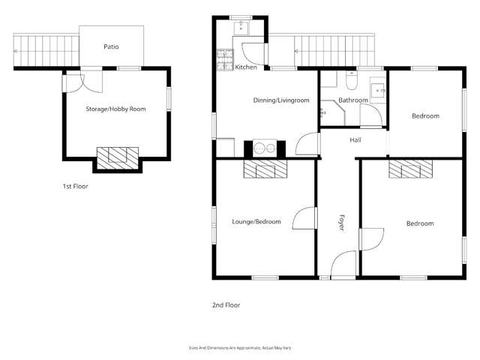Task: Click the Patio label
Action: [x=111, y=46]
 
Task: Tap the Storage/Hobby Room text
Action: [x=115, y=109]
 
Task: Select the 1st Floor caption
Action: [x=76, y=186]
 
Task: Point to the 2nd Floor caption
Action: [x=226, y=305]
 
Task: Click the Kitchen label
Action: [x=246, y=67]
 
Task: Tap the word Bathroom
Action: [x=352, y=100]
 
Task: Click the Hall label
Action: [x=356, y=140]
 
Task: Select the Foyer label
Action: [x=342, y=223]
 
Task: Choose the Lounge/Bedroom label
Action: [x=256, y=222]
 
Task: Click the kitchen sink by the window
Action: [x=241, y=28]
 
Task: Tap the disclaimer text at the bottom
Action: [x=239, y=347]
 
